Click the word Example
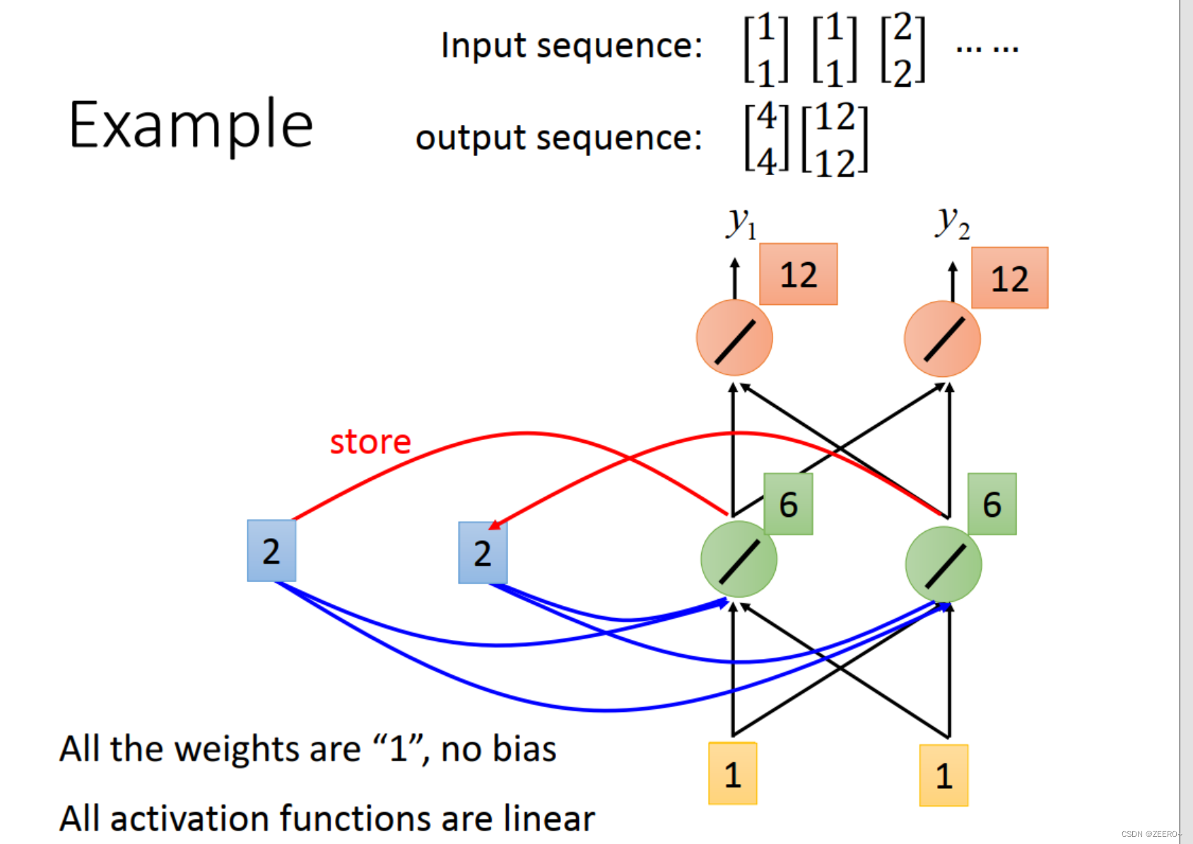pyautogui.click(x=190, y=125)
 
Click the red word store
pyautogui.click(x=370, y=442)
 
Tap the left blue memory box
pyautogui.click(x=271, y=551)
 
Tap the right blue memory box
pyautogui.click(x=483, y=553)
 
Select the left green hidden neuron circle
pyautogui.click(x=739, y=560)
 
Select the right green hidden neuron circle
pyautogui.click(x=943, y=564)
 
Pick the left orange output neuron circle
pyautogui.click(x=734, y=338)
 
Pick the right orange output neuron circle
pyautogui.click(x=942, y=339)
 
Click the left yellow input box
pyautogui.click(x=733, y=774)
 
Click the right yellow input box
pyautogui.click(x=944, y=775)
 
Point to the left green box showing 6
pyautogui.click(x=788, y=504)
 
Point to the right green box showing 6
pyautogui.click(x=992, y=504)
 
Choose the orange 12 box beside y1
pyautogui.click(x=798, y=275)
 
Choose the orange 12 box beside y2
pyautogui.click(x=1009, y=278)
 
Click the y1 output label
pyautogui.click(x=741, y=223)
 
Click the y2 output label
pyautogui.click(x=952, y=223)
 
